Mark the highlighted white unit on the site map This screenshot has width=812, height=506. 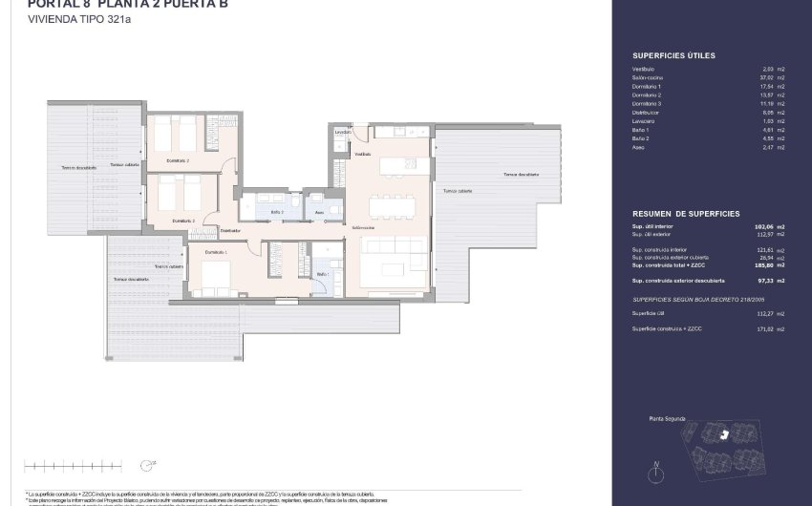tap(723, 434)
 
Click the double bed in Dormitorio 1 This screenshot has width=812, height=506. tap(215, 275)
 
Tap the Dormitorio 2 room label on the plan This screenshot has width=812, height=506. tap(177, 160)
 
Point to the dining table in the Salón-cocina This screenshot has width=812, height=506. tap(393, 206)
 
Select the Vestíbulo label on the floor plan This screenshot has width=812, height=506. tap(362, 154)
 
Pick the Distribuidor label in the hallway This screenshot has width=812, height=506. tap(229, 230)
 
